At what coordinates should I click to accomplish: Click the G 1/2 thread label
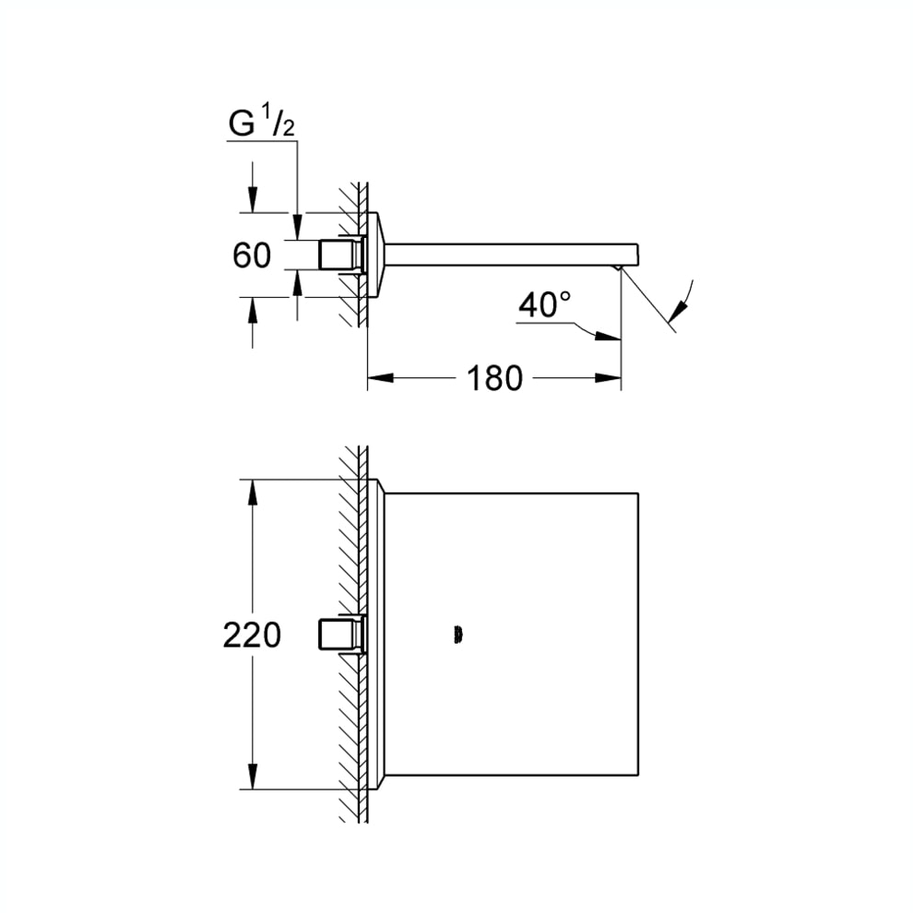pyautogui.click(x=261, y=121)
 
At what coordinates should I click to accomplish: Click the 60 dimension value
pyautogui.click(x=252, y=255)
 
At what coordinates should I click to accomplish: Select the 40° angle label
pyautogui.click(x=545, y=304)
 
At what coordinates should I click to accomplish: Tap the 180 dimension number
pyautogui.click(x=495, y=378)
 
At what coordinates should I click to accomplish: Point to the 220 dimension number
pyautogui.click(x=252, y=634)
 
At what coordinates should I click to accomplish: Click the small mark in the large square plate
pyautogui.click(x=457, y=635)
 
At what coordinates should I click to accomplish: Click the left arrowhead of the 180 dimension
pyautogui.click(x=380, y=378)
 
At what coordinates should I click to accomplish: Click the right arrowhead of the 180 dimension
pyautogui.click(x=608, y=378)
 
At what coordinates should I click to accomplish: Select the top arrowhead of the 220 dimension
pyautogui.click(x=252, y=492)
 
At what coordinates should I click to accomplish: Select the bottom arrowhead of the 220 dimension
pyautogui.click(x=252, y=777)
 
